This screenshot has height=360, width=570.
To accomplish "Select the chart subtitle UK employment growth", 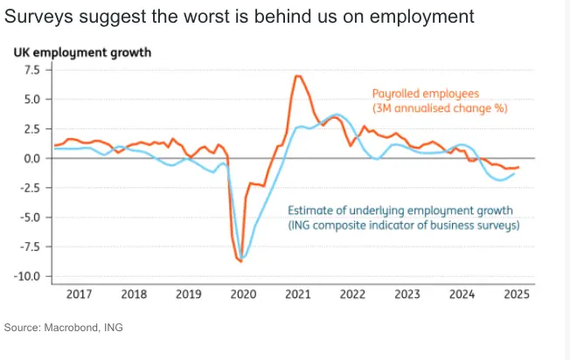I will coord(81,52).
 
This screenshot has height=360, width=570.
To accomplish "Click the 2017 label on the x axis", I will coord(80,294).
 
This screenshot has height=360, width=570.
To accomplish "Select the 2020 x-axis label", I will coord(243,294).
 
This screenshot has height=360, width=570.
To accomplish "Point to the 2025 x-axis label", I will coord(515,294).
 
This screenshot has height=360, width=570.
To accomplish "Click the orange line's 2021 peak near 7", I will coord(298,76).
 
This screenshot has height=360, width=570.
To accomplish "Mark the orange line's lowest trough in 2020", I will coord(240,260).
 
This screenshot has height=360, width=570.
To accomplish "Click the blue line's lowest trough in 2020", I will coord(244,258).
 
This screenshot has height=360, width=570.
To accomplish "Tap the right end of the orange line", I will coord(518,167).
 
